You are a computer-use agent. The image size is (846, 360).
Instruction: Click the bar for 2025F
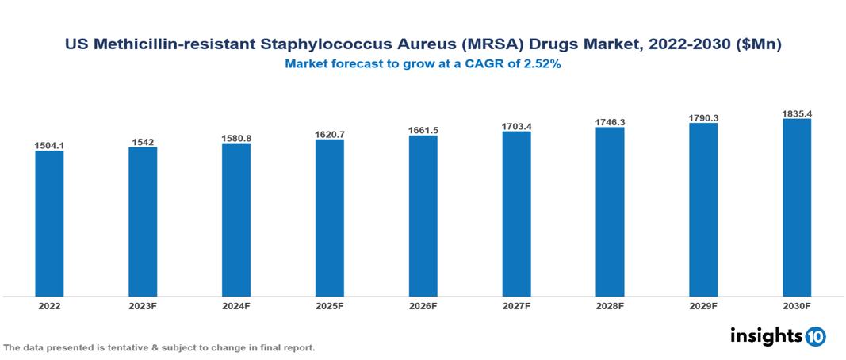(x=330, y=218)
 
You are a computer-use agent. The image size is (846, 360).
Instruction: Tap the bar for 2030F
(x=797, y=208)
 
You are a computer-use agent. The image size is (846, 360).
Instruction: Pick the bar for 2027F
(x=517, y=214)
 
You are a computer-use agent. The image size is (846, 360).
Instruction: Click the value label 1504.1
(x=49, y=146)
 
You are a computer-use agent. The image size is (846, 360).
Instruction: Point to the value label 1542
(x=143, y=142)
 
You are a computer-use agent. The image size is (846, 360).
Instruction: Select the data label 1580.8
(x=236, y=138)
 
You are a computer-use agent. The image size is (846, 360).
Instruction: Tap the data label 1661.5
(x=423, y=130)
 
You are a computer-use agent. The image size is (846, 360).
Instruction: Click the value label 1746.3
(x=611, y=122)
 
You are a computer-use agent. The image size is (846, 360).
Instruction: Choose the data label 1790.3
(x=704, y=118)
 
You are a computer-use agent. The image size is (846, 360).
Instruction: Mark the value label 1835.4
(x=797, y=113)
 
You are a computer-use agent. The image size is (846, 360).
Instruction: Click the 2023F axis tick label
(x=143, y=305)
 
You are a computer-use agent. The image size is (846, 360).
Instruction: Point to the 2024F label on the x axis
(x=236, y=305)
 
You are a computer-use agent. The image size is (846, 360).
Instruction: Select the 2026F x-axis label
(x=423, y=305)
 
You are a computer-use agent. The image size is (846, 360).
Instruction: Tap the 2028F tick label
(x=611, y=305)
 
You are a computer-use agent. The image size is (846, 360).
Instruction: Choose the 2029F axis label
(x=704, y=305)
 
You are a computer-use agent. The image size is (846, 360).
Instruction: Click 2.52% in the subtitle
(x=543, y=65)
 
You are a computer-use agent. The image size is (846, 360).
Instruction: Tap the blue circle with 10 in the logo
(x=815, y=336)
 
